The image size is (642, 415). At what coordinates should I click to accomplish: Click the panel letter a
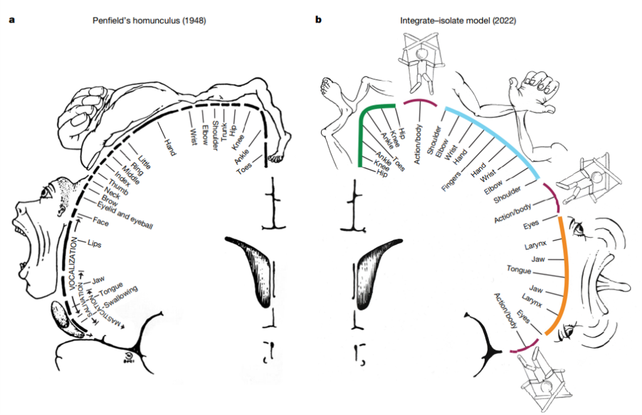[12, 20]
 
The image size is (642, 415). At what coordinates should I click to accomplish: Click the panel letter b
[318, 20]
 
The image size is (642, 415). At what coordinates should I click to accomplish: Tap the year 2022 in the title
[503, 21]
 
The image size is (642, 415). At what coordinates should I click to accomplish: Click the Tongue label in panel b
[518, 270]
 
